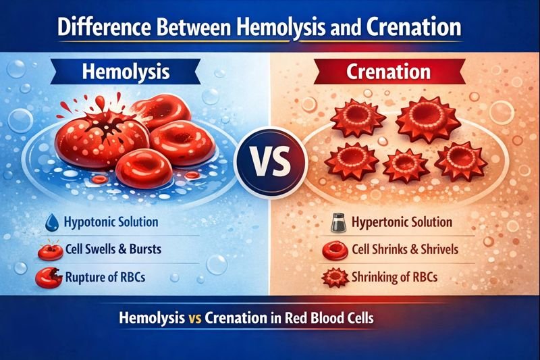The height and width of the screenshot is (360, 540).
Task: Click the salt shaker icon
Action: click(338, 224)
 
